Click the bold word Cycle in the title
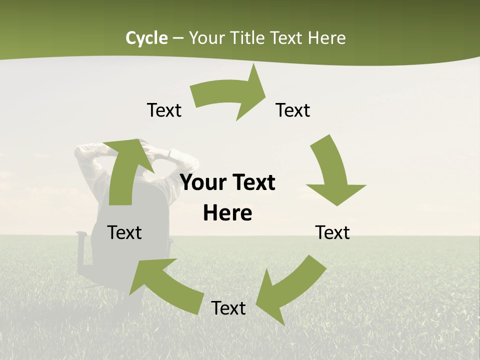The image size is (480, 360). tap(146, 38)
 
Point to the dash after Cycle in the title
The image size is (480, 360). tap(178, 38)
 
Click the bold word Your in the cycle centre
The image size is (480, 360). tap(202, 183)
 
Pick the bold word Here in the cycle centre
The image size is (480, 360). tap(227, 213)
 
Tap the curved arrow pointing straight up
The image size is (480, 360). tap(125, 170)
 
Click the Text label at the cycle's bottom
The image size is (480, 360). tap(228, 308)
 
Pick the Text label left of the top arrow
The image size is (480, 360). tap(164, 110)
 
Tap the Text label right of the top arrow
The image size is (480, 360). tap(293, 110)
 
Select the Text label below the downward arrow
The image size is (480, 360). tap(332, 232)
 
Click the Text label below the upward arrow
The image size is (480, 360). tap(124, 232)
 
